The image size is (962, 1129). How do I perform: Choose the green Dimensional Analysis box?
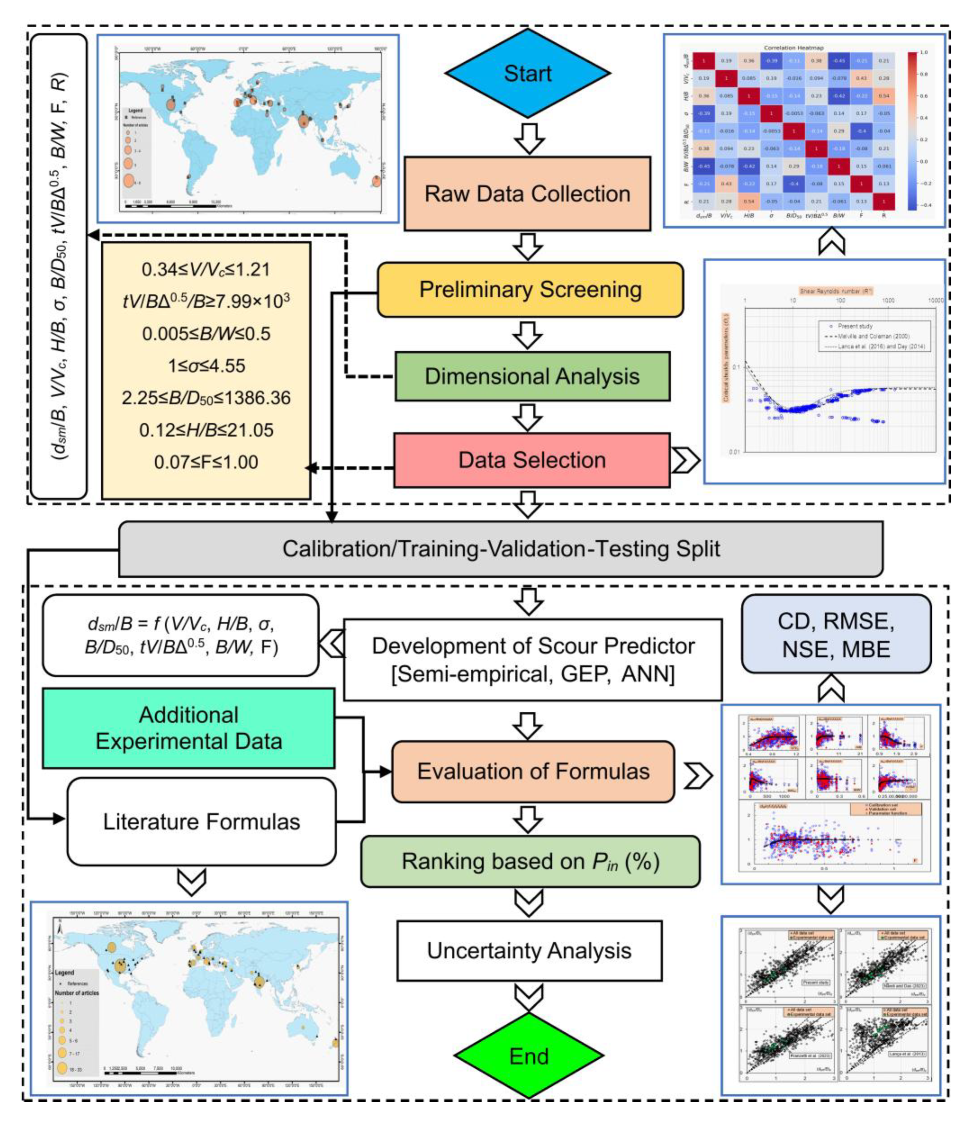click(x=532, y=376)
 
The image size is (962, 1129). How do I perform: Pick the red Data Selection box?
click(x=532, y=459)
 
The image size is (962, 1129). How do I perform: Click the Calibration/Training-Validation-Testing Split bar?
click(x=500, y=548)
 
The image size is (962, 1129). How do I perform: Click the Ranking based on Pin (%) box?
click(x=529, y=861)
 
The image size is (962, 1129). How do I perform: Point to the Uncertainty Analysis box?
click(x=528, y=950)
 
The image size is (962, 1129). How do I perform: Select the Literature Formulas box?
click(x=201, y=821)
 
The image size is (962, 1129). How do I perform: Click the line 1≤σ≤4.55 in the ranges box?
click(x=206, y=365)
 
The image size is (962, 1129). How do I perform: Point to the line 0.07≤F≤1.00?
click(x=206, y=462)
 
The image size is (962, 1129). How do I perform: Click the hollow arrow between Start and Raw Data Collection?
click(x=528, y=138)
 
